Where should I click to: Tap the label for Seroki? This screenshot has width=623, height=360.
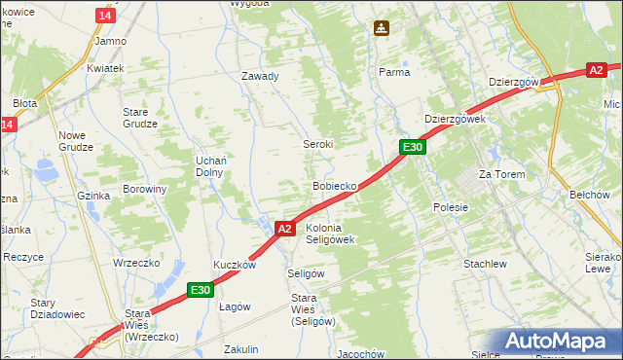(317, 144)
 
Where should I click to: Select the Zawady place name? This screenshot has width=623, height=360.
(260, 76)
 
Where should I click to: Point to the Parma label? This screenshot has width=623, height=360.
(394, 72)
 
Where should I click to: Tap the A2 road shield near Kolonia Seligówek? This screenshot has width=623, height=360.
(284, 229)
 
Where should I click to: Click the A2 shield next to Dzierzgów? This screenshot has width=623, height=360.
(597, 70)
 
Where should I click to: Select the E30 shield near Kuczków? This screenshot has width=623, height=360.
(201, 289)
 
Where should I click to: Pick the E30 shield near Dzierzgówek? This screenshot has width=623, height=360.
(413, 147)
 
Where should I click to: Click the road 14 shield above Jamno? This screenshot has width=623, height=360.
(106, 17)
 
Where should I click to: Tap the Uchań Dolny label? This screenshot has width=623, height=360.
(209, 165)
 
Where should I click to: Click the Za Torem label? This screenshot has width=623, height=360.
(501, 174)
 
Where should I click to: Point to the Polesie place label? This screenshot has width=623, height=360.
(450, 207)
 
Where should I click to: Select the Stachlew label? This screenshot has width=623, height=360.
(485, 264)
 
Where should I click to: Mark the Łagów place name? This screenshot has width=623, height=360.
(235, 306)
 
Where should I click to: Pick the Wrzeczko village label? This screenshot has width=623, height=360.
(135, 264)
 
